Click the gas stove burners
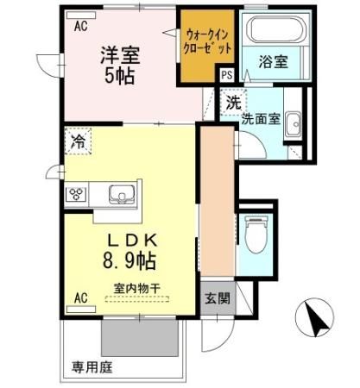[x=76, y=193]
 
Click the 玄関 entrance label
[x=217, y=299]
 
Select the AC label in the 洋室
[x=80, y=27]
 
